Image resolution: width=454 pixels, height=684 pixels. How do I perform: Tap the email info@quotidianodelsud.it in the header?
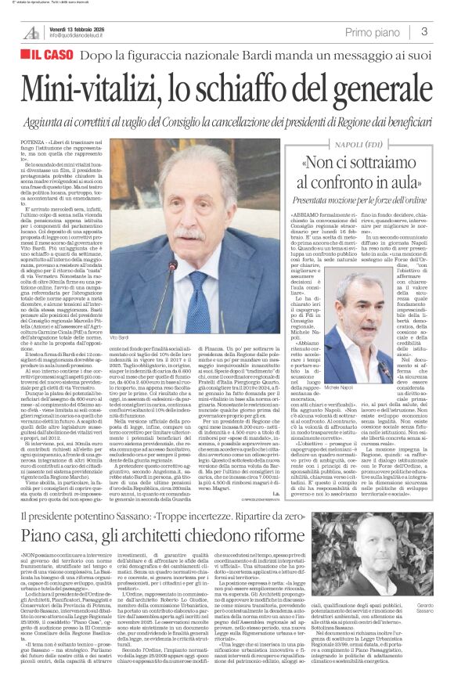(83, 36)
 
